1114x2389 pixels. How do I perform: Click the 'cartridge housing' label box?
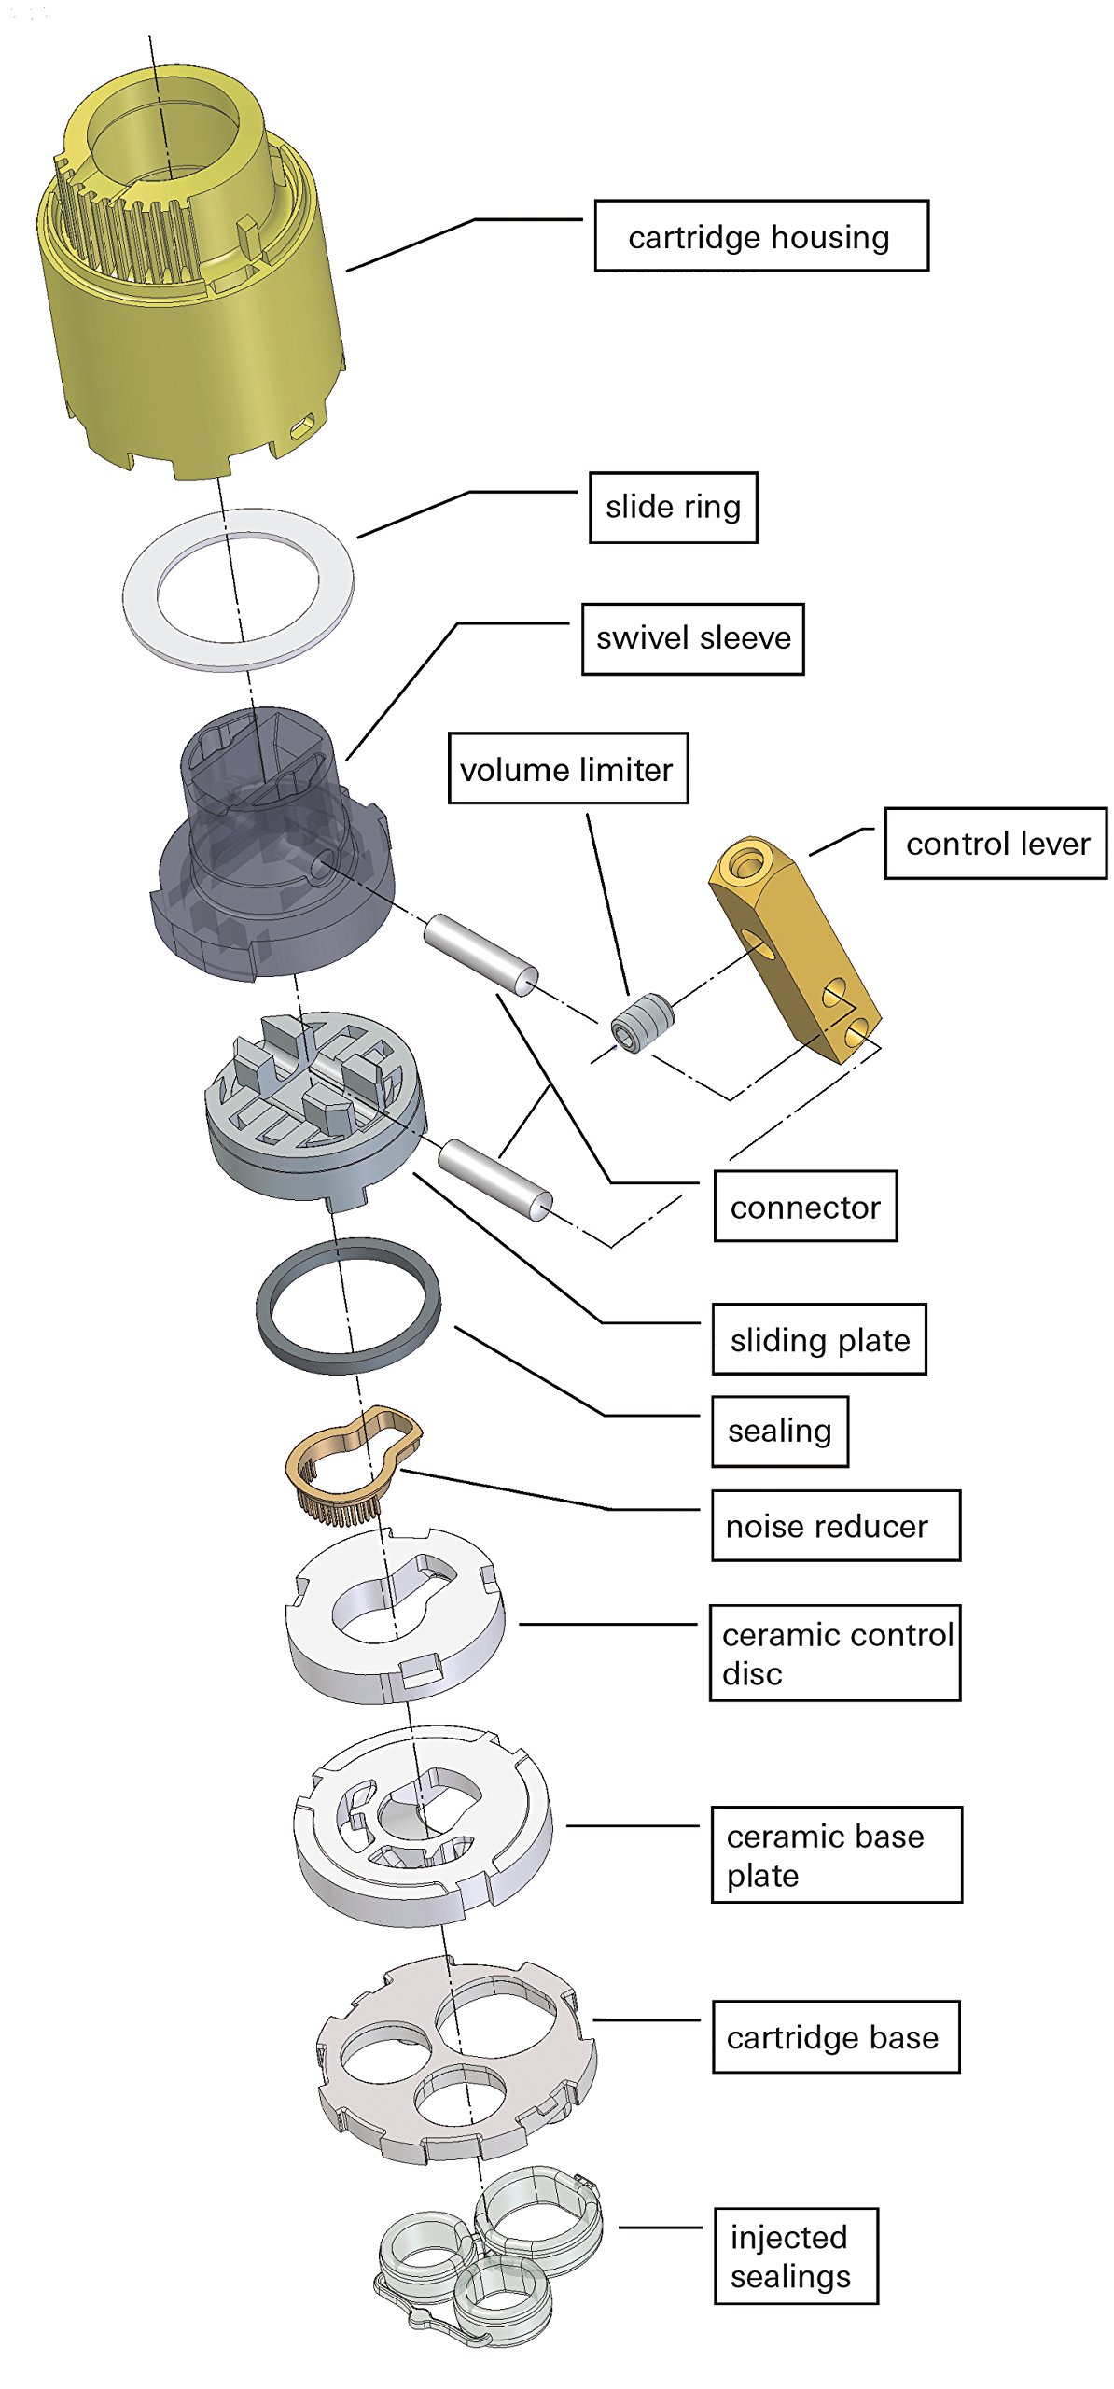tap(761, 235)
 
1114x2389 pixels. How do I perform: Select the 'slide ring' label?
tap(673, 507)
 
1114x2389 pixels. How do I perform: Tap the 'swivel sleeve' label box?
tap(692, 638)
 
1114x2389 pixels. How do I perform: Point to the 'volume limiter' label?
tap(568, 768)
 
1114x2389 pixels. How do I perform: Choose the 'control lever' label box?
tap(996, 843)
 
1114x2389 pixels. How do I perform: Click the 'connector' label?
tap(805, 1206)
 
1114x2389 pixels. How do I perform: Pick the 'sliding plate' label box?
tap(819, 1339)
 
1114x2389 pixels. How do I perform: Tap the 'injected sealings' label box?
tap(796, 2256)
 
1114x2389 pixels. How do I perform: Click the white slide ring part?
tap(238, 588)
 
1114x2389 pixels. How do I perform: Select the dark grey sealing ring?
tap(348, 1305)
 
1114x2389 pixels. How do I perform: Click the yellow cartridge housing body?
tap(191, 271)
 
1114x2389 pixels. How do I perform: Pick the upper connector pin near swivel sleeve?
tap(480, 956)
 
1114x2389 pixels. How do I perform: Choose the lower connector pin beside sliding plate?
tap(494, 1180)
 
